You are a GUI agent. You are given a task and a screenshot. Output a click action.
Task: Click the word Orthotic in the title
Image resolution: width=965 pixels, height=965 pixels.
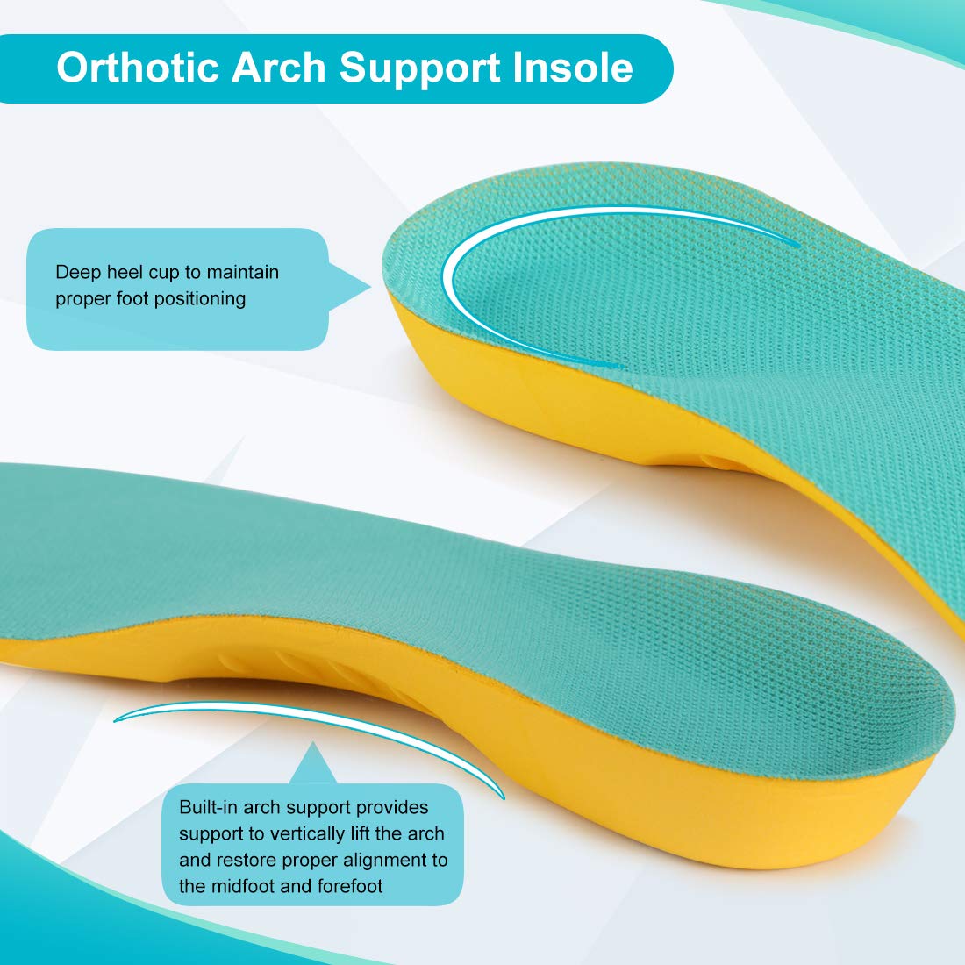point(138,67)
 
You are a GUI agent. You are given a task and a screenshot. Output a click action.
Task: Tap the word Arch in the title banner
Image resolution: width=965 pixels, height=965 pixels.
point(278,67)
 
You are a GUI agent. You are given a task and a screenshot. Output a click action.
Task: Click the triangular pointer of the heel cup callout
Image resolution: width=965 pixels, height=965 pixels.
point(348,287)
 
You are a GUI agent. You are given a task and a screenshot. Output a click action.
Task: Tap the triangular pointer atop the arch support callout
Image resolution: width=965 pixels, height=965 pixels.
point(313,763)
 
